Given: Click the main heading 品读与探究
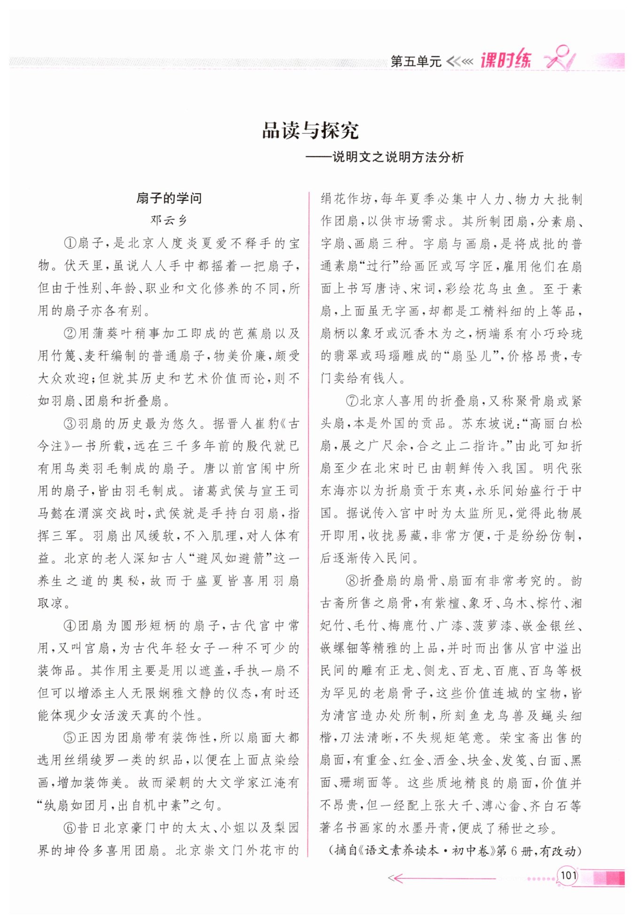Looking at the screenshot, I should pos(310,130).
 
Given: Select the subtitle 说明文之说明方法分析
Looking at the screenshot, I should pos(398,157).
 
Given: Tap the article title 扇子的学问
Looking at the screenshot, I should pos(169,198).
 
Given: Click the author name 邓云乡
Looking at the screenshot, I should pos(169,220).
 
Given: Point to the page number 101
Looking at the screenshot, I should pos(568,875).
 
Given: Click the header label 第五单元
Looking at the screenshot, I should pos(416,61).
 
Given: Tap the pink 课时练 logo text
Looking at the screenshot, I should pos(505,60).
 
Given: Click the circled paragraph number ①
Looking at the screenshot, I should pos(70,243).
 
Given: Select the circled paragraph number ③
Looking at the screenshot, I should pos(70,424).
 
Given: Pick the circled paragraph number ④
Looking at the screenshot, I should pos(70,626).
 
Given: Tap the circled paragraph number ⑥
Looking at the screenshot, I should pos(70,828).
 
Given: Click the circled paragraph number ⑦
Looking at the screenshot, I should pos(352,401).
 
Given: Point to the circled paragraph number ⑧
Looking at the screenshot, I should pos(352,581).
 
